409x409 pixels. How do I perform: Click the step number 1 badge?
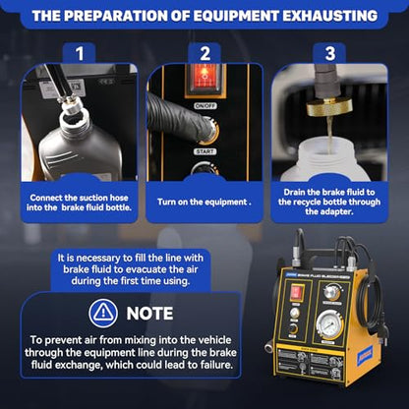click(80, 53)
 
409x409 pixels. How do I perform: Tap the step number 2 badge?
click(204, 53)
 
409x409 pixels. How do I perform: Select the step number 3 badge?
click(329, 53)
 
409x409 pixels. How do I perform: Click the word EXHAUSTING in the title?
click(330, 16)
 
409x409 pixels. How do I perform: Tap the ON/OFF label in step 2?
click(205, 106)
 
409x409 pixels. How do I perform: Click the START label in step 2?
click(205, 151)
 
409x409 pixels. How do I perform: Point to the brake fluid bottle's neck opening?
click(76, 118)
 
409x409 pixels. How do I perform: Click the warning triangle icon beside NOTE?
click(103, 313)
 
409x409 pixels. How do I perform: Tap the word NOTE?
click(149, 314)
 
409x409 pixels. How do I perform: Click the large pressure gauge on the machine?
click(330, 325)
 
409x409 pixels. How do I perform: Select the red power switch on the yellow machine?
click(297, 292)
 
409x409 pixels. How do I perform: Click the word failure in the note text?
click(212, 365)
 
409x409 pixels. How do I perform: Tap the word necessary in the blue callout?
click(94, 258)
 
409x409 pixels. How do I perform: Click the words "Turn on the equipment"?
click(202, 202)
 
